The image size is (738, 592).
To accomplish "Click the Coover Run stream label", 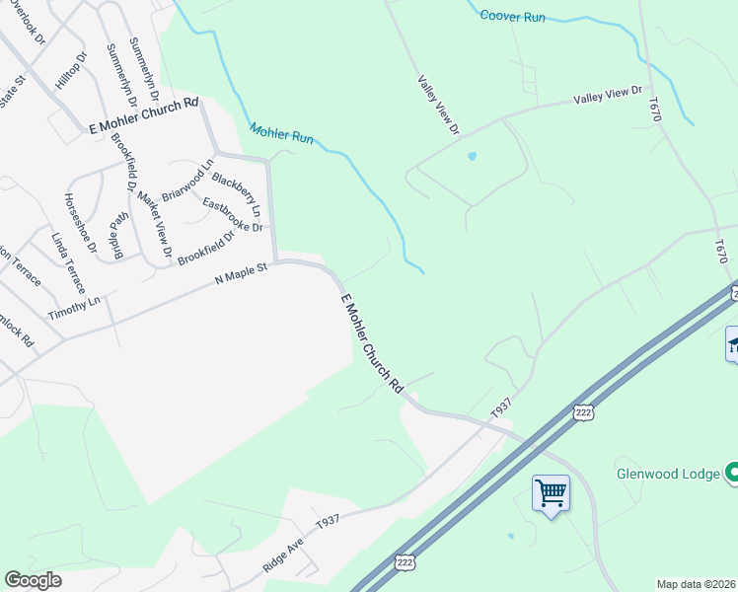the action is point(512,16).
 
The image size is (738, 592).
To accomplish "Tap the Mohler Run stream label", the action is point(281,133).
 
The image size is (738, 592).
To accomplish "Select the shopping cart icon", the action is point(551,491).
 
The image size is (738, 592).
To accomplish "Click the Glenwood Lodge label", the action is point(668,474).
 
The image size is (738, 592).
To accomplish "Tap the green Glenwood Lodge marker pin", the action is point(731,474).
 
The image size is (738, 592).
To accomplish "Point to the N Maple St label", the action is point(242,274).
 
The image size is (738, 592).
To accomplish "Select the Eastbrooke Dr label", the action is point(233,216).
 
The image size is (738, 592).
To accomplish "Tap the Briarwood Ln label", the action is point(187,181).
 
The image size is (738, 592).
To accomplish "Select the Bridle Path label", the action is point(118,233).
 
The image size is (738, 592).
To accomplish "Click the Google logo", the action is point(33,580).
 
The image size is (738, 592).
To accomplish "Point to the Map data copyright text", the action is point(697,583).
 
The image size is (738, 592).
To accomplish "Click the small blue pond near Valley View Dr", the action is point(472,156).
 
